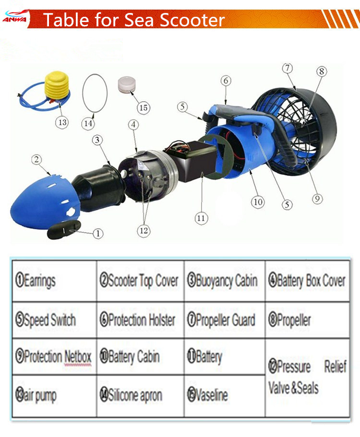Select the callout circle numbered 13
tap(62, 122)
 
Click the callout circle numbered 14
tap(87, 123)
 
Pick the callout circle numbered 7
tap(287, 69)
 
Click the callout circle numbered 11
tap(201, 218)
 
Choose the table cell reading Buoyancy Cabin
tap(224, 281)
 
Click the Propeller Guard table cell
tap(224, 320)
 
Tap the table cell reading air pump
tap(53, 395)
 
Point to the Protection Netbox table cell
tap(53, 357)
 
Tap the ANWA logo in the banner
tap(14, 19)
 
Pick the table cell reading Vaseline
tap(224, 395)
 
